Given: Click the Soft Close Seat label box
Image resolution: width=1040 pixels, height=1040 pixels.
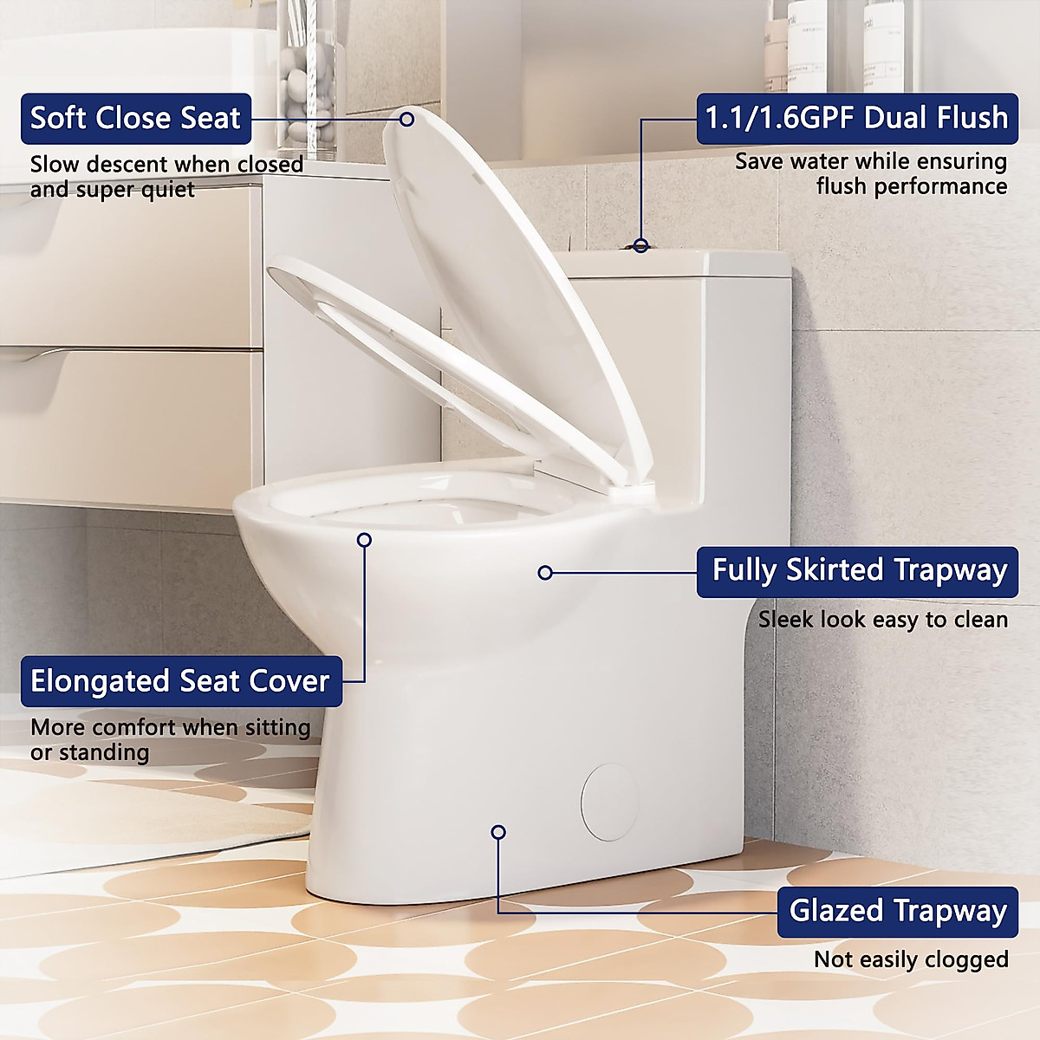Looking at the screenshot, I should pos(136,119).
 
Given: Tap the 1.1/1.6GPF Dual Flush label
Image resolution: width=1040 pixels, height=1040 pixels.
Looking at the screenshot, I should pos(856,119).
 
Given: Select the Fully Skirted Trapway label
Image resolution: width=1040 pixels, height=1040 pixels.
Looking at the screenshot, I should pos(858,571).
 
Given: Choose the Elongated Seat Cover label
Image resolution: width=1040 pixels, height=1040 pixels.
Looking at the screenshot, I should pos(180,681).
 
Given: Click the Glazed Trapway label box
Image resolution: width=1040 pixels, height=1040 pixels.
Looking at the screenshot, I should pos(897,912).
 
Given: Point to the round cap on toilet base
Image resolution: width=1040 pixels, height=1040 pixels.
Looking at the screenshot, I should pos(610,802).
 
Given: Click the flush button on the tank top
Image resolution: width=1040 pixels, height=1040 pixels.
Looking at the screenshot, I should pos(640,246).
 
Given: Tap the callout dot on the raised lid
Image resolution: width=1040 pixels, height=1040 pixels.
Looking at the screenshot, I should pos(406,119).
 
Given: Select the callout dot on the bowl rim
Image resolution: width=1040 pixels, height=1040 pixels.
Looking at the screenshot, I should pos(364,540).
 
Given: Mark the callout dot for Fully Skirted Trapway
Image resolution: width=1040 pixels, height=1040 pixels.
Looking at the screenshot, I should pos(545,573).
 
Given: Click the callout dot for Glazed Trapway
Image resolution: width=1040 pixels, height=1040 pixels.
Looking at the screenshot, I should pos(498,832).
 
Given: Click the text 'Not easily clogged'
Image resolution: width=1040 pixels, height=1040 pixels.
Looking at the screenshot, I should pos(910,960).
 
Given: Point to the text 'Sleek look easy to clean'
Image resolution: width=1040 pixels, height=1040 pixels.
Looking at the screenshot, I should pos(882,620).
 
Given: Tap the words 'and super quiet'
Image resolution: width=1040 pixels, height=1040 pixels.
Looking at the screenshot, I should pos(113,189).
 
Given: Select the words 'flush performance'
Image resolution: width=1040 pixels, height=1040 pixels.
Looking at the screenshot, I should pos(911,186).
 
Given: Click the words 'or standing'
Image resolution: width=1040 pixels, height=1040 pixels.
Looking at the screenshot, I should pos(89,752).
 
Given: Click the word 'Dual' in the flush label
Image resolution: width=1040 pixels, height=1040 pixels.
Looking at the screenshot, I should pos(902,119).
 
